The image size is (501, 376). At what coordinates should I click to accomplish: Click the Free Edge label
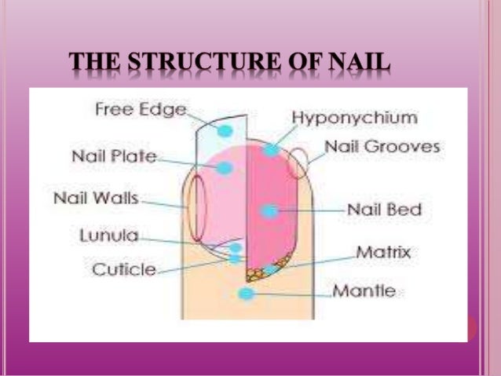[141, 109]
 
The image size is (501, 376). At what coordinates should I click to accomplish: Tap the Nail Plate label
[114, 155]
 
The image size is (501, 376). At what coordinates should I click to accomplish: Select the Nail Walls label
[96, 198]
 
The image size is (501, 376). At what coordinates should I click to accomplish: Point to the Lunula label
[109, 235]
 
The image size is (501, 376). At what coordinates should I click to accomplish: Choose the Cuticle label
[123, 269]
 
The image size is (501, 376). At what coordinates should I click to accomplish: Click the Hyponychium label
[354, 118]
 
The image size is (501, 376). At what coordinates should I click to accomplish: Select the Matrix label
[383, 253]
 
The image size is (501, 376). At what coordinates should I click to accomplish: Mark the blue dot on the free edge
[225, 130]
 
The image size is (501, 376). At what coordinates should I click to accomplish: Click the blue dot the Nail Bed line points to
[269, 210]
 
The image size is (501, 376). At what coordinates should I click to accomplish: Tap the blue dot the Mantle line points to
[246, 294]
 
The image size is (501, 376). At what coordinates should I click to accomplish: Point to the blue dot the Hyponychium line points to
[271, 149]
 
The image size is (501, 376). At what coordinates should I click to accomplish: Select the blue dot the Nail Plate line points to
[225, 167]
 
